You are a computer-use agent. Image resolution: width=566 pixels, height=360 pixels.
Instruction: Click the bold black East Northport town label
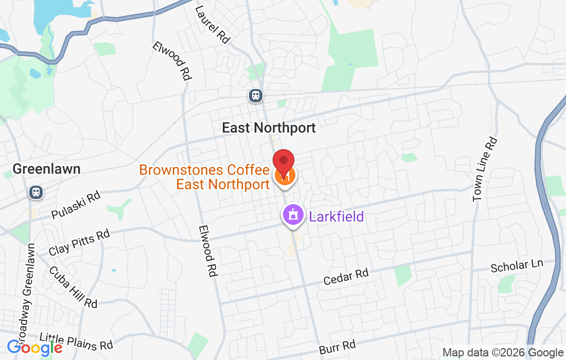tap(269, 128)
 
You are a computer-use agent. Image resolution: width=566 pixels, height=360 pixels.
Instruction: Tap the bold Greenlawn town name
tap(46, 169)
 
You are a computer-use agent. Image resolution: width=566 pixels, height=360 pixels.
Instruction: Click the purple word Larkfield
tap(336, 216)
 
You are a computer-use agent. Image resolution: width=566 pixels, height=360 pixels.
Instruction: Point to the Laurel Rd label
tap(212, 25)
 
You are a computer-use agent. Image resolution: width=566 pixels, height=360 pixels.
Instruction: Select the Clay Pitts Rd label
tap(79, 243)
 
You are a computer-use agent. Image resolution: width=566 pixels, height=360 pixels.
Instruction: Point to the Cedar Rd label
tap(346, 276)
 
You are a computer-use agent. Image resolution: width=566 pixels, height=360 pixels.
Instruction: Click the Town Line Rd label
tap(485, 169)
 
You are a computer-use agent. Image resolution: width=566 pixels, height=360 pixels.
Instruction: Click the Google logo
tap(34, 348)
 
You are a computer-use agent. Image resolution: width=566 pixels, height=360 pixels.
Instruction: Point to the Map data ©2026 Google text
tap(503, 353)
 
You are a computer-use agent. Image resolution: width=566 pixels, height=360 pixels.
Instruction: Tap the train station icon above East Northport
tap(256, 95)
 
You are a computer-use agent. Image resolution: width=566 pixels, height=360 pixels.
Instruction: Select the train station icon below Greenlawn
tap(36, 192)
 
